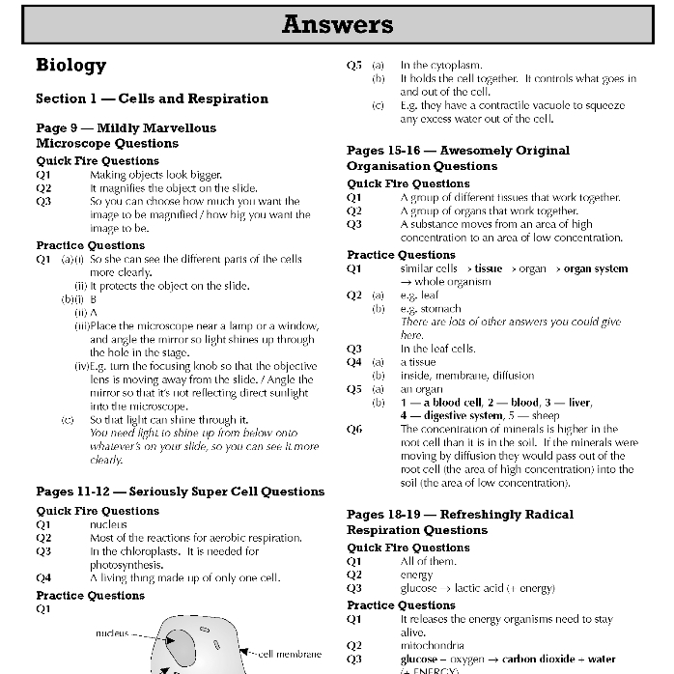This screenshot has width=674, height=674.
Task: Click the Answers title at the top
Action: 337,24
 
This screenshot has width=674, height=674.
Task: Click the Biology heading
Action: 70,66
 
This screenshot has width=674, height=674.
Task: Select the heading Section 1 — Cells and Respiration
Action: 152,98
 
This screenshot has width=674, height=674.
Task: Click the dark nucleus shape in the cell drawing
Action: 180,640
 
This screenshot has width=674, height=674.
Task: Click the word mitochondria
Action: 432,645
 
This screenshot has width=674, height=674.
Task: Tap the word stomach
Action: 421,309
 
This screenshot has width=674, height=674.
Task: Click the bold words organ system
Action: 596,268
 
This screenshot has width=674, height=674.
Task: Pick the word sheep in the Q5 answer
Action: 546,415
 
